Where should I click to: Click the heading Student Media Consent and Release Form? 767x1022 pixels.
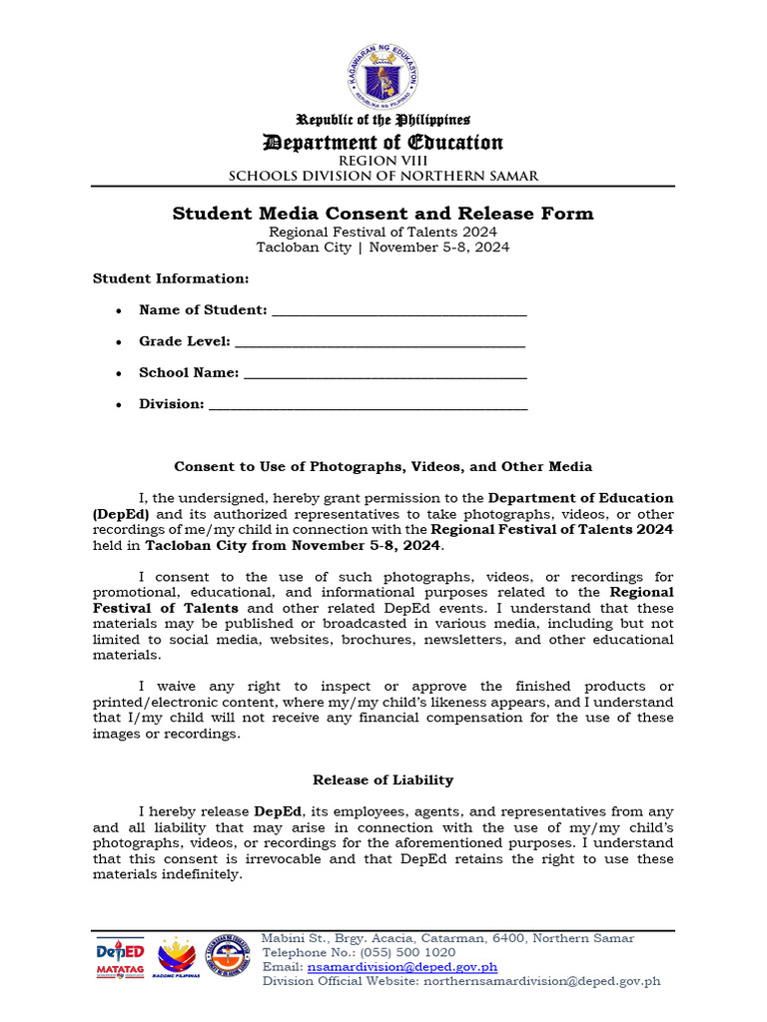pyautogui.click(x=383, y=213)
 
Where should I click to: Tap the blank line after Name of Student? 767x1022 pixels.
pyautogui.click(x=398, y=311)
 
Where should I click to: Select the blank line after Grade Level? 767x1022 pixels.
pyautogui.click(x=379, y=342)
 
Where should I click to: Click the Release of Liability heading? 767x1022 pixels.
pyautogui.click(x=383, y=779)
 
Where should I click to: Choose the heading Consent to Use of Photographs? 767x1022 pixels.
pyautogui.click(x=383, y=466)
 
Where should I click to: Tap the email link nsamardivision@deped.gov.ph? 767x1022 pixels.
pyautogui.click(x=402, y=966)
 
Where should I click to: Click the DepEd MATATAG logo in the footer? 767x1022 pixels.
pyautogui.click(x=120, y=960)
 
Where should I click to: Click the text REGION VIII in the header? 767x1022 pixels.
pyautogui.click(x=383, y=161)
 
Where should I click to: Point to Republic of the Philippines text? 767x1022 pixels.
pyautogui.click(x=383, y=120)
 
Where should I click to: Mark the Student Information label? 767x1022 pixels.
pyautogui.click(x=171, y=278)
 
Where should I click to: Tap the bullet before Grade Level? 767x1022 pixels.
pyautogui.click(x=119, y=342)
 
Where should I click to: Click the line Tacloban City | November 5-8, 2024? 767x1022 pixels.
pyautogui.click(x=383, y=248)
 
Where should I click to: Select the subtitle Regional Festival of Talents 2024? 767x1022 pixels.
pyautogui.click(x=383, y=232)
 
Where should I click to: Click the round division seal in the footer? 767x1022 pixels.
pyautogui.click(x=228, y=959)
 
